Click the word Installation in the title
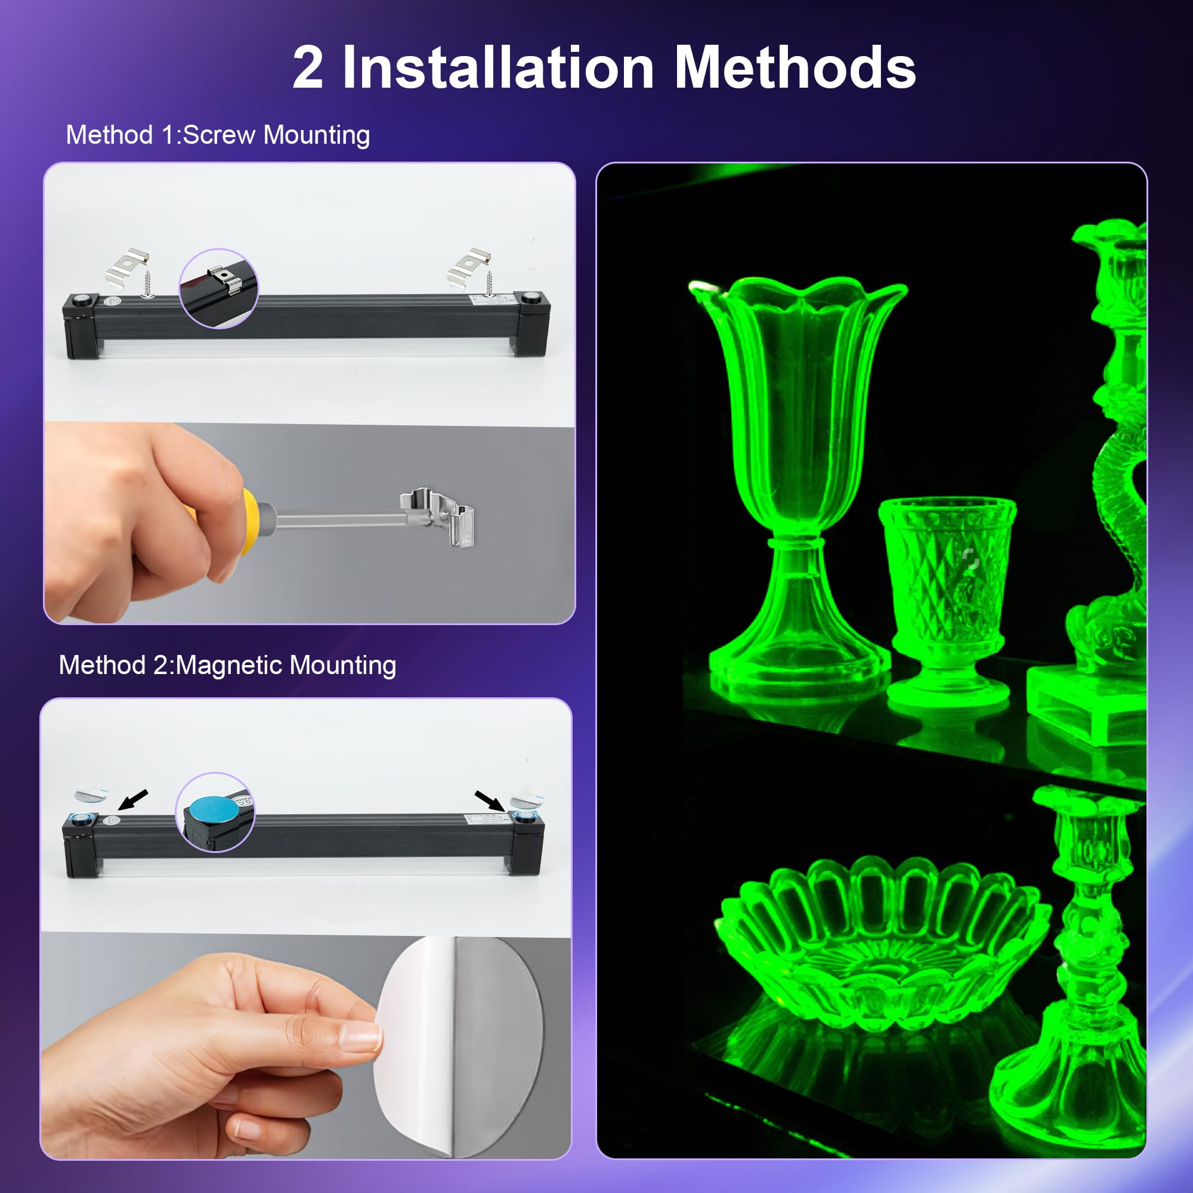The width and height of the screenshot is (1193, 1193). point(497,68)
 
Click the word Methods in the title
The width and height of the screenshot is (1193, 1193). point(795,68)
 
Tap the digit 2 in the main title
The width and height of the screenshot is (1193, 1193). point(308,68)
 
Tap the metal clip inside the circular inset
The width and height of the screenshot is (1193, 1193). point(225,279)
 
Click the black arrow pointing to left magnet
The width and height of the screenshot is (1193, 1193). point(133,799)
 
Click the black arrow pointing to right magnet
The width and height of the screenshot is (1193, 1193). point(489,801)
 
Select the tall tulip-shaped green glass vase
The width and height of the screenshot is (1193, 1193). point(796,475)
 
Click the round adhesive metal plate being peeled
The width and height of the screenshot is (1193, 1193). point(469,1043)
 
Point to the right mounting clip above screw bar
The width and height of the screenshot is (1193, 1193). point(469,264)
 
